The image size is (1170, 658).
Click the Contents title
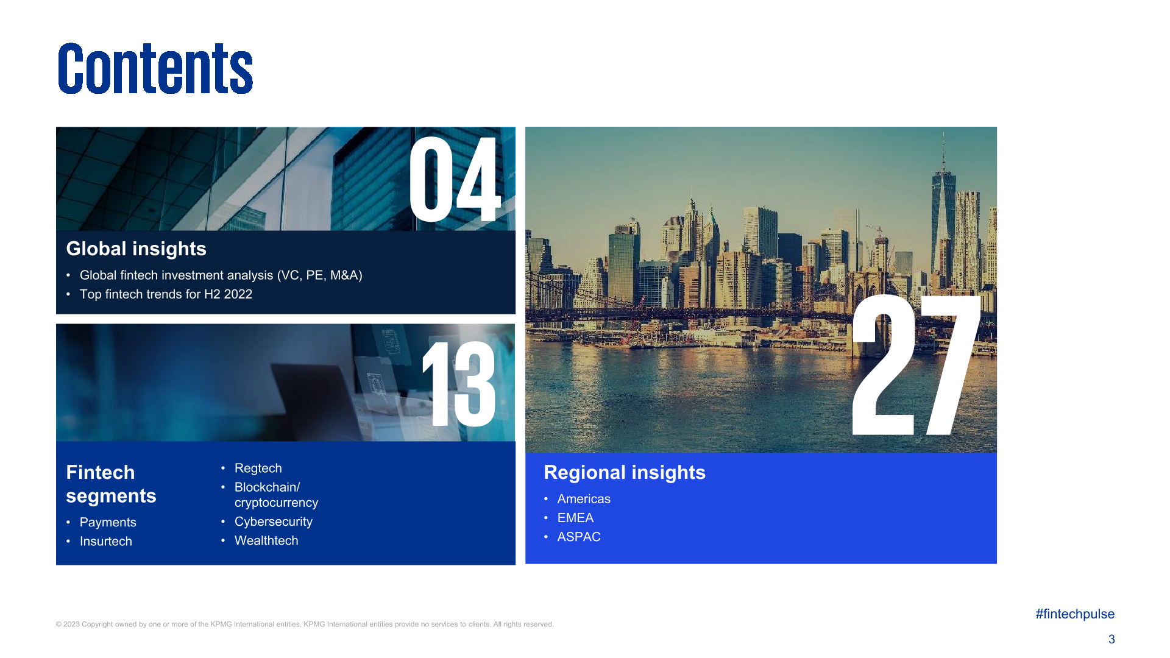point(155,68)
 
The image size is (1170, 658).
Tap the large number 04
point(455,179)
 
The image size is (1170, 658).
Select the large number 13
point(459,384)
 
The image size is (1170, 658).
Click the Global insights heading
point(136,249)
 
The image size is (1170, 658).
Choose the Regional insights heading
point(624,472)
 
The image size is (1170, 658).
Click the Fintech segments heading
point(111,484)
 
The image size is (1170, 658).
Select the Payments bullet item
point(108,522)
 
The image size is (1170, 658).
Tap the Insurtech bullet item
point(105,541)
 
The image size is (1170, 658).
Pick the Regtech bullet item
point(258,468)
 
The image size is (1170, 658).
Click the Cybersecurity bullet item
point(273,522)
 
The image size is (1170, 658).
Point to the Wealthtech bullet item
point(266,540)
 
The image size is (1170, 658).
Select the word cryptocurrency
point(276,503)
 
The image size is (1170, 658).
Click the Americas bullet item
point(583,498)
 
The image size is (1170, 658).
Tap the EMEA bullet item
point(575,518)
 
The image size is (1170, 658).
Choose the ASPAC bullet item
point(578,537)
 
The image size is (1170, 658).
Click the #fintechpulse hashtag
point(1074,614)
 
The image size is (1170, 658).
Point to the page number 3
point(1111,639)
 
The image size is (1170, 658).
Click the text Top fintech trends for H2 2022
point(166,294)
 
